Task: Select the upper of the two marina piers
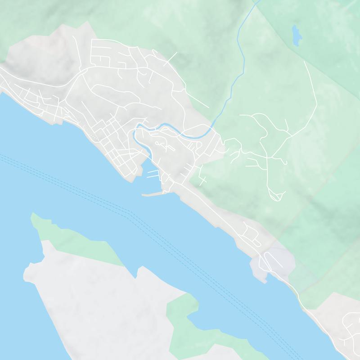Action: (x=152, y=171)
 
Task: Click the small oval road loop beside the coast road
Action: (x=249, y=232)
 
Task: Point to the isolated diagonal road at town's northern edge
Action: (x=171, y=59)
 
